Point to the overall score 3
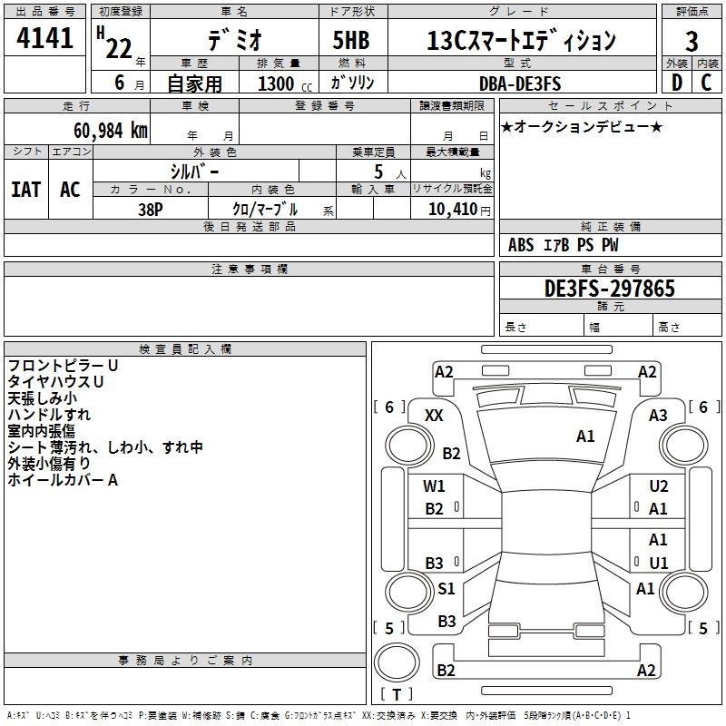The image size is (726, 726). point(692,41)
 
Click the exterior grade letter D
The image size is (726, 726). point(676,83)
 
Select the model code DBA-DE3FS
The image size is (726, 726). point(521,83)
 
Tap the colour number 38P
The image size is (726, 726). point(151,208)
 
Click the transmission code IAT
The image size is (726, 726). point(25,190)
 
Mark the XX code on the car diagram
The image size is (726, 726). point(435,415)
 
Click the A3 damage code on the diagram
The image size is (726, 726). point(658,415)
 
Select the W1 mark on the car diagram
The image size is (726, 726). point(435,486)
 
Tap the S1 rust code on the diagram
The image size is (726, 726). point(446,589)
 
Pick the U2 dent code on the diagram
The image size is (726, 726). point(659,486)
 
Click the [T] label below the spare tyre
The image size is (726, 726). point(397,694)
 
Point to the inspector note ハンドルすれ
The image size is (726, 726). point(49,414)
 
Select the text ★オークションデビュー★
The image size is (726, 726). point(582,126)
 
